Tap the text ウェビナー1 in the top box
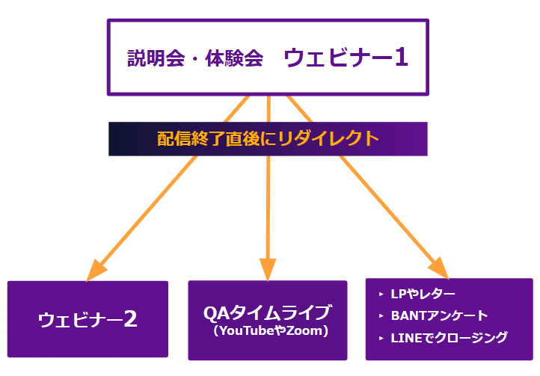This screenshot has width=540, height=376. [346, 58]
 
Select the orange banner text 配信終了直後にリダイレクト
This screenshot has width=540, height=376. [268, 138]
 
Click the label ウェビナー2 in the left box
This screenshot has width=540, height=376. [88, 320]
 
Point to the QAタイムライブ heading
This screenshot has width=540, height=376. [267, 312]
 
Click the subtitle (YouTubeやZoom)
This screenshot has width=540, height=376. [267, 330]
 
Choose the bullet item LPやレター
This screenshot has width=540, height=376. [423, 294]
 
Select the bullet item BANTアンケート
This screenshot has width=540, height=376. [439, 315]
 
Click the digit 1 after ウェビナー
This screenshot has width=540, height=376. [401, 58]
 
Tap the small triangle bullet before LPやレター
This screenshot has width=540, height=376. [381, 295]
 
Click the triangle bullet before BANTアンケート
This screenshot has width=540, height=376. [381, 316]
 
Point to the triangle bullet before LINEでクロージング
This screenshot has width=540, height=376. [381, 338]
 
